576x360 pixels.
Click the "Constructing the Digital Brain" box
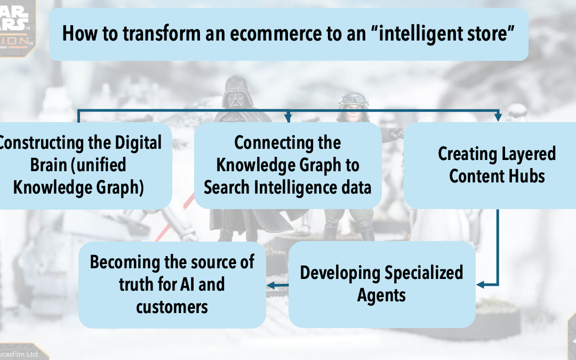83,165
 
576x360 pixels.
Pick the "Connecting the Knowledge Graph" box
287,165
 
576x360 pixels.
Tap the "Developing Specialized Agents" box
381,284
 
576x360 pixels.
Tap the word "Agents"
381,295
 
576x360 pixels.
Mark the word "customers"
172,307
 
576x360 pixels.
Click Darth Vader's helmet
234,92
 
